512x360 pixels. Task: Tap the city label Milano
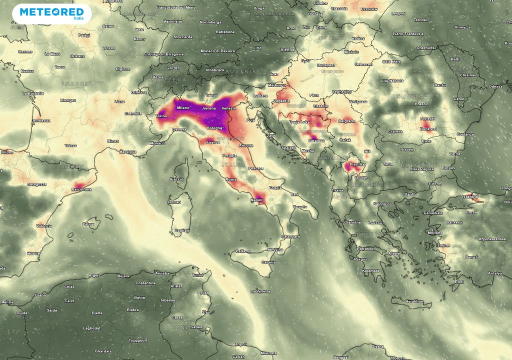tap(183, 107)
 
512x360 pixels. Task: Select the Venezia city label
tap(228, 109)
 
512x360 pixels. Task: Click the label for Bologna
tap(215, 128)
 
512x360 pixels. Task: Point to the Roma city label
tap(231, 179)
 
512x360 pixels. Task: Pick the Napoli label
tap(256, 200)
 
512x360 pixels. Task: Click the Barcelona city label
tap(81, 189)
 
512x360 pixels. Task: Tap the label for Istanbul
tap(471, 197)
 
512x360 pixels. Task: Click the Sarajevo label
tap(315, 141)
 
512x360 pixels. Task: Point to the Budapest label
tap(325, 65)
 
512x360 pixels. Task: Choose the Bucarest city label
tap(428, 128)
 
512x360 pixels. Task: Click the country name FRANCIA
tap(76, 83)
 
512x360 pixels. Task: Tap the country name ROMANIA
tap(407, 96)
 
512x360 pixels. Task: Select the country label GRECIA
tap(365, 234)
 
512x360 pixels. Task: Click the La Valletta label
tap(260, 291)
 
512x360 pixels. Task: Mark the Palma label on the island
tap(88, 224)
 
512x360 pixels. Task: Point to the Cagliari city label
tap(182, 230)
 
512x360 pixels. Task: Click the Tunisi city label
tap(197, 275)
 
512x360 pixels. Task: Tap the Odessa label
tap(496, 86)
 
